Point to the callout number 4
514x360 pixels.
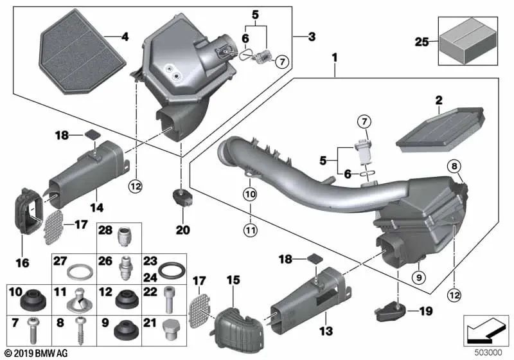(x=125, y=37)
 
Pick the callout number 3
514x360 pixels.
(x=312, y=37)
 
